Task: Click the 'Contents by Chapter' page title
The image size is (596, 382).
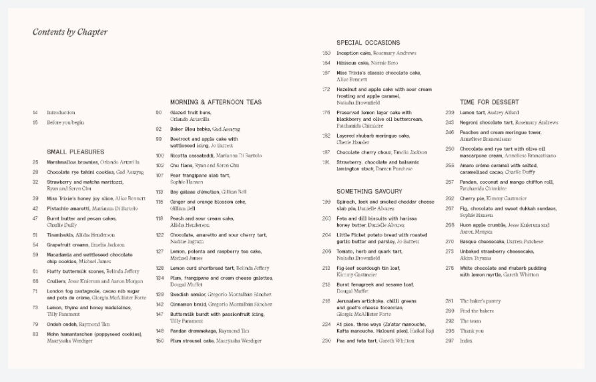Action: pos(70,32)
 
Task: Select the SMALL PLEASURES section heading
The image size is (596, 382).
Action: pos(75,152)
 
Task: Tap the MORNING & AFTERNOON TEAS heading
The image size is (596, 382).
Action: pos(216,102)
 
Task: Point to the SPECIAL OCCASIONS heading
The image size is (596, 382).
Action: pos(368,43)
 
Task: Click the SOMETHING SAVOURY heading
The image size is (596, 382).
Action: pos(369,192)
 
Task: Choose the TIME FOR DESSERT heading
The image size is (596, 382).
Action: pos(489,102)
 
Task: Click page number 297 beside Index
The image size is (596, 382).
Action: pos(449,341)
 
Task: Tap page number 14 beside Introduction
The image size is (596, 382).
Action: pos(35,113)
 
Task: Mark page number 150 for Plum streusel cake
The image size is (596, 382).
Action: pos(160,341)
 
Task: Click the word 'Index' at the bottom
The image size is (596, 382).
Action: pos(466,341)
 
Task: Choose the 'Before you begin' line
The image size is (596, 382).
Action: pos(65,123)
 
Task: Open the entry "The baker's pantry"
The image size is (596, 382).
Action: pos(480,301)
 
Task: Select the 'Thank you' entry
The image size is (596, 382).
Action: pos(472,331)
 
